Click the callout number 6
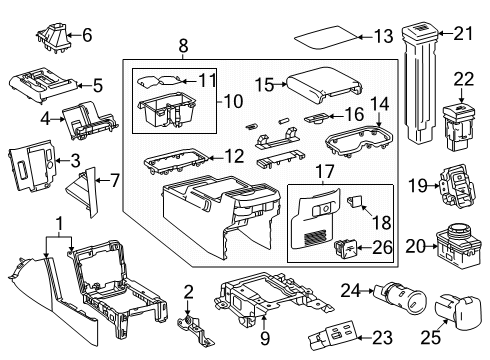point(86,36)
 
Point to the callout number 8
point(182,45)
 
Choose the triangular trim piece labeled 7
point(87,190)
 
